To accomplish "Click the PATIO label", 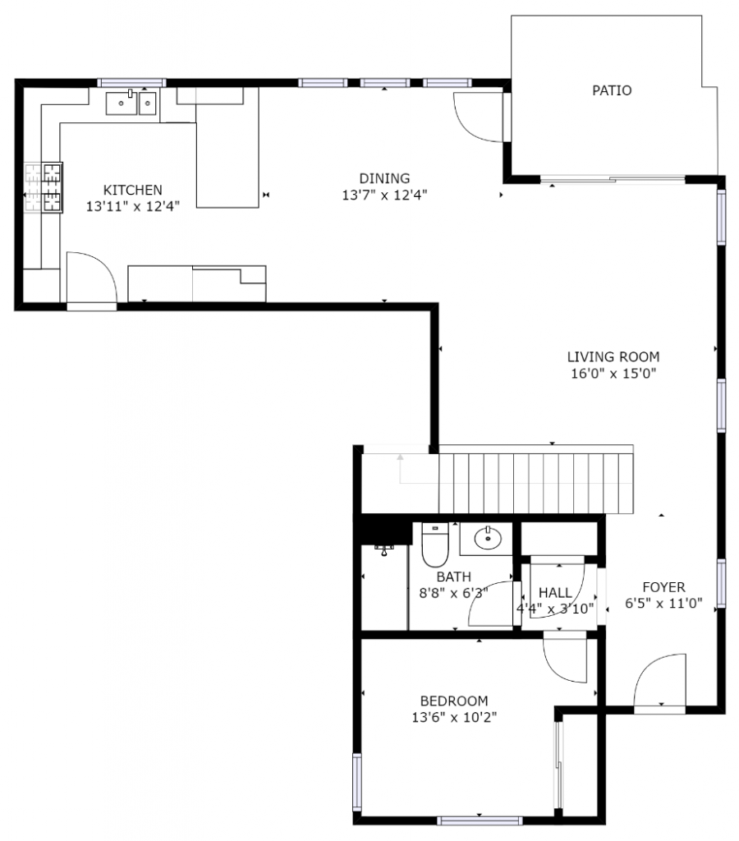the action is (612, 90).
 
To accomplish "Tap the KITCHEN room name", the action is (132, 190).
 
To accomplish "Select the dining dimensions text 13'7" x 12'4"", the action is (384, 195).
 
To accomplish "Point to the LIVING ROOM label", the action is (613, 356).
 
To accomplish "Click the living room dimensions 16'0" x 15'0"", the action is (613, 374).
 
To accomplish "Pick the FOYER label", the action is (663, 586).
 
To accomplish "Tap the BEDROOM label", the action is (454, 701).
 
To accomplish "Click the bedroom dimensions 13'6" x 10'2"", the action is (454, 717).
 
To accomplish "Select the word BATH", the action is (454, 577).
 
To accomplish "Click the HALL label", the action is (555, 592).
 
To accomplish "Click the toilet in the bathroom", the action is (434, 545).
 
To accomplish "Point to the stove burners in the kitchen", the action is (44, 187).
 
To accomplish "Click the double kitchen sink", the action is (131, 103).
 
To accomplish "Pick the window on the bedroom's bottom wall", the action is (480, 820).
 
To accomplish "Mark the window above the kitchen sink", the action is (131, 83).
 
